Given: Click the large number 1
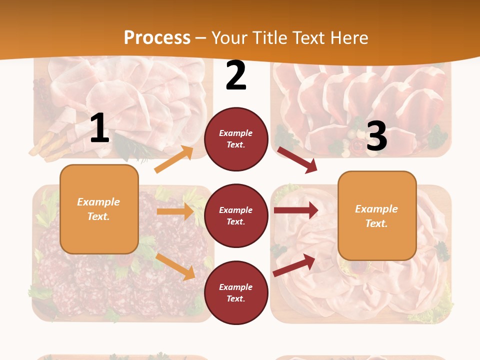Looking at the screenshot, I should [99, 128].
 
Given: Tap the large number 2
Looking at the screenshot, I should [236, 76].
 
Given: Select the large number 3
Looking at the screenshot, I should [376, 136].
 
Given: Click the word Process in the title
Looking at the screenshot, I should [157, 37].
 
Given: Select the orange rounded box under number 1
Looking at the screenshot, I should [99, 209].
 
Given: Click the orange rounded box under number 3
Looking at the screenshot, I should [377, 216].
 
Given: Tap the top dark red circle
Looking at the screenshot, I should [236, 139].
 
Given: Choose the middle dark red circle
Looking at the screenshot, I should [236, 216].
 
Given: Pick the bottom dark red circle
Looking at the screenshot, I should [236, 292].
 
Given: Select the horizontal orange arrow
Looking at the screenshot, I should [175, 211].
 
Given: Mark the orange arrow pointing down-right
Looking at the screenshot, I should [175, 266].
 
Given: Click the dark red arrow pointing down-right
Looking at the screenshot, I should [297, 160].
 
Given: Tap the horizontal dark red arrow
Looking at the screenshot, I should [296, 210].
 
